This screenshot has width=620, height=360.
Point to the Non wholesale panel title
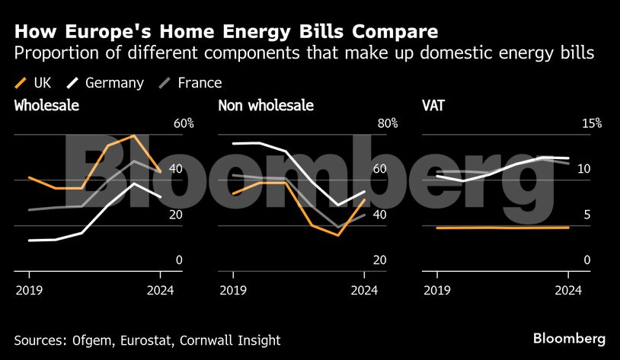coord(266,106)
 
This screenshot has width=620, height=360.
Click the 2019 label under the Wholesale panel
coord(29,290)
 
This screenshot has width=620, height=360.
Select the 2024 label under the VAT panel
coord(568,290)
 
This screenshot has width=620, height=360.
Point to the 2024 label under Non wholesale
coord(364,290)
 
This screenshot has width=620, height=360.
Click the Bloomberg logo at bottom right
coord(569,338)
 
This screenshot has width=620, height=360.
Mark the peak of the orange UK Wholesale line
coord(134,135)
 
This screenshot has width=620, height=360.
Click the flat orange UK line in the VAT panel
coord(503,228)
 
